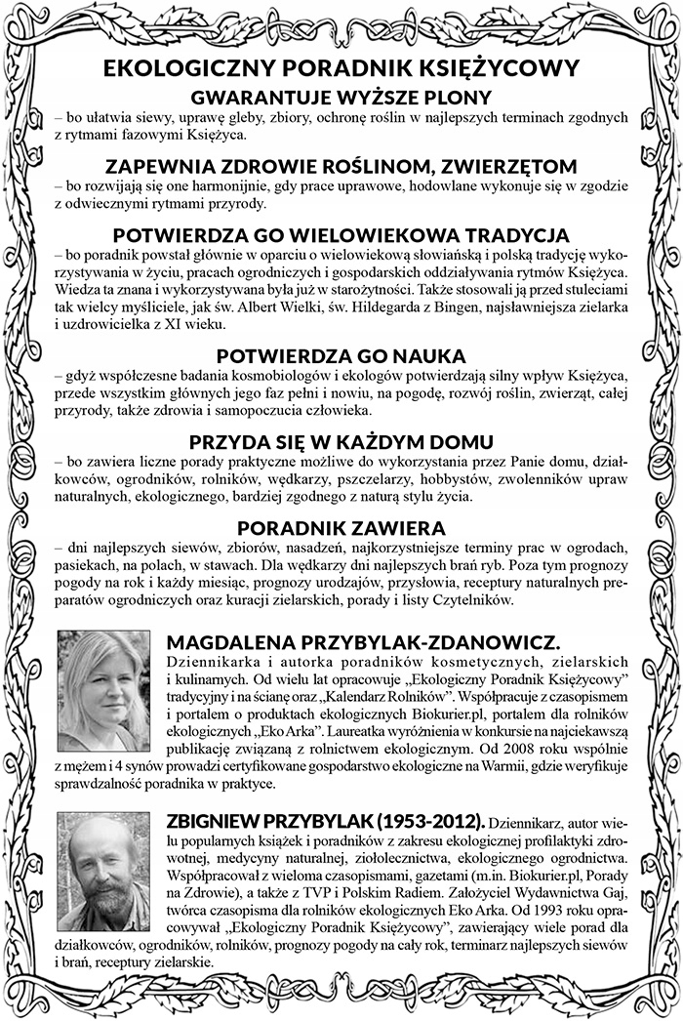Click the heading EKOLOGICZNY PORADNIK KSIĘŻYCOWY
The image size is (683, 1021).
pyautogui.click(x=341, y=71)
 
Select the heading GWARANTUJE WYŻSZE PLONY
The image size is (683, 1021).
pyautogui.click(x=341, y=98)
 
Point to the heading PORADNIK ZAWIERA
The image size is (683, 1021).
pyautogui.click(x=341, y=528)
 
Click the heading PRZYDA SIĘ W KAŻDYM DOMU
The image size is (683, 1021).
pyautogui.click(x=341, y=441)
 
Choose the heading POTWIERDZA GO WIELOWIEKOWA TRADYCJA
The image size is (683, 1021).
pyautogui.click(x=341, y=236)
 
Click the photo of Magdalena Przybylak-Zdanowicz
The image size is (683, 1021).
pyautogui.click(x=103, y=676)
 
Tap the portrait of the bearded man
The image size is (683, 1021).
pyautogui.click(x=103, y=859)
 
